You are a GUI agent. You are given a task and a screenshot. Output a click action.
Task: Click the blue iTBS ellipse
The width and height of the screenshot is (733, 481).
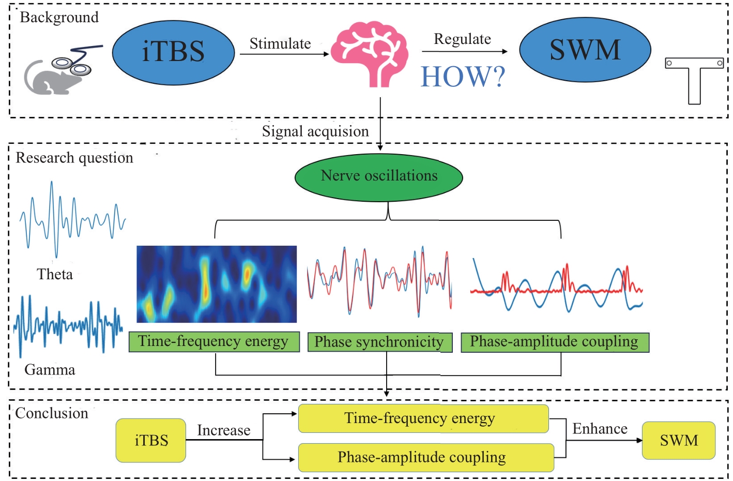click(174, 53)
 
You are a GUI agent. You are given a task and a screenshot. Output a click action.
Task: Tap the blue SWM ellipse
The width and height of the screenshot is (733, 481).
click(585, 50)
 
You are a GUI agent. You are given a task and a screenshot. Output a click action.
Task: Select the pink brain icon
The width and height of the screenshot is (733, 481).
click(370, 54)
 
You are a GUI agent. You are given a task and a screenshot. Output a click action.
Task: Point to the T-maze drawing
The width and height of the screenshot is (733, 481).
click(694, 81)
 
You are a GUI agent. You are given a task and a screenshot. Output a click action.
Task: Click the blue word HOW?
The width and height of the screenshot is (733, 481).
click(463, 77)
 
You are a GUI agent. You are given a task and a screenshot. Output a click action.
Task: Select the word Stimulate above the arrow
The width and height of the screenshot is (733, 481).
click(280, 43)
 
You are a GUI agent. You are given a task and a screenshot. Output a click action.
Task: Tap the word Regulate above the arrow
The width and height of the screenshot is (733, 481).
click(462, 39)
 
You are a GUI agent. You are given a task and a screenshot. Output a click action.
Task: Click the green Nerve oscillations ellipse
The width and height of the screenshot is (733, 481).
click(379, 177)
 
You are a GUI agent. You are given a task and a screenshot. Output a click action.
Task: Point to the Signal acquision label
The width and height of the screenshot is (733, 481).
click(315, 131)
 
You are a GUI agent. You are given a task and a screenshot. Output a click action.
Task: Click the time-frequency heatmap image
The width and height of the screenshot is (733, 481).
click(217, 284)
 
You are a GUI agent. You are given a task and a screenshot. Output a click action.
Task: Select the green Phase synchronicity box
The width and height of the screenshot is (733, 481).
click(380, 342)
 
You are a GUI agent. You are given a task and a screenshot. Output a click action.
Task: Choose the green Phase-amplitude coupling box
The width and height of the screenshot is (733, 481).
click(555, 342)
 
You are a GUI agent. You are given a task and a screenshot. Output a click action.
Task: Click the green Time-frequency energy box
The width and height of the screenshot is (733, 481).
click(214, 342)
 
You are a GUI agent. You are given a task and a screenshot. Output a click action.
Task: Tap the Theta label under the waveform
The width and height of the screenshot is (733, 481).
click(55, 274)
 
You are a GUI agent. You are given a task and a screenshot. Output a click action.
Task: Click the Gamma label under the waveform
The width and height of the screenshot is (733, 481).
click(50, 370)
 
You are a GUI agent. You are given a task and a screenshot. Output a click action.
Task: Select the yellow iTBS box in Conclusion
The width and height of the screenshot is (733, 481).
click(151, 440)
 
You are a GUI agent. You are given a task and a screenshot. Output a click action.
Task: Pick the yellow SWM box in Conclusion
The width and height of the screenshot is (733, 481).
click(679, 440)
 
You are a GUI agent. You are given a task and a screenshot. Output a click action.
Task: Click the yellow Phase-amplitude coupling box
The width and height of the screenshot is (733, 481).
click(426, 457)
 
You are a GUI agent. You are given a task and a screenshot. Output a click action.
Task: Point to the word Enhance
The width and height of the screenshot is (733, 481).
click(600, 429)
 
